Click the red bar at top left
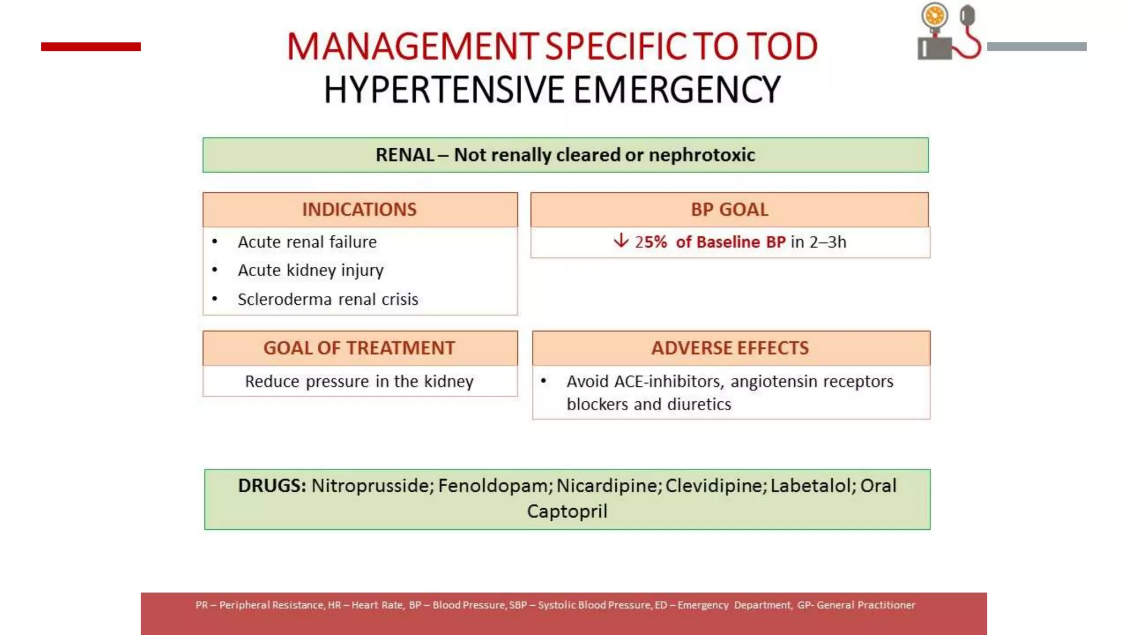(91, 47)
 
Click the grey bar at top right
(1037, 47)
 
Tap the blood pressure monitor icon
(948, 32)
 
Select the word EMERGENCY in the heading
(677, 90)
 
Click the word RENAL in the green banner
(405, 155)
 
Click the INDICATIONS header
(359, 210)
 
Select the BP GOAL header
(729, 210)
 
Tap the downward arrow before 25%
(621, 241)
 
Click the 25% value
(650, 243)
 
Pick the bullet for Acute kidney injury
(215, 270)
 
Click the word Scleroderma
(285, 299)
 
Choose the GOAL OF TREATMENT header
(359, 348)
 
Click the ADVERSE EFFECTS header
(730, 348)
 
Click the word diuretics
(699, 405)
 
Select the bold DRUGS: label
(272, 486)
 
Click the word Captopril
(567, 512)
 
